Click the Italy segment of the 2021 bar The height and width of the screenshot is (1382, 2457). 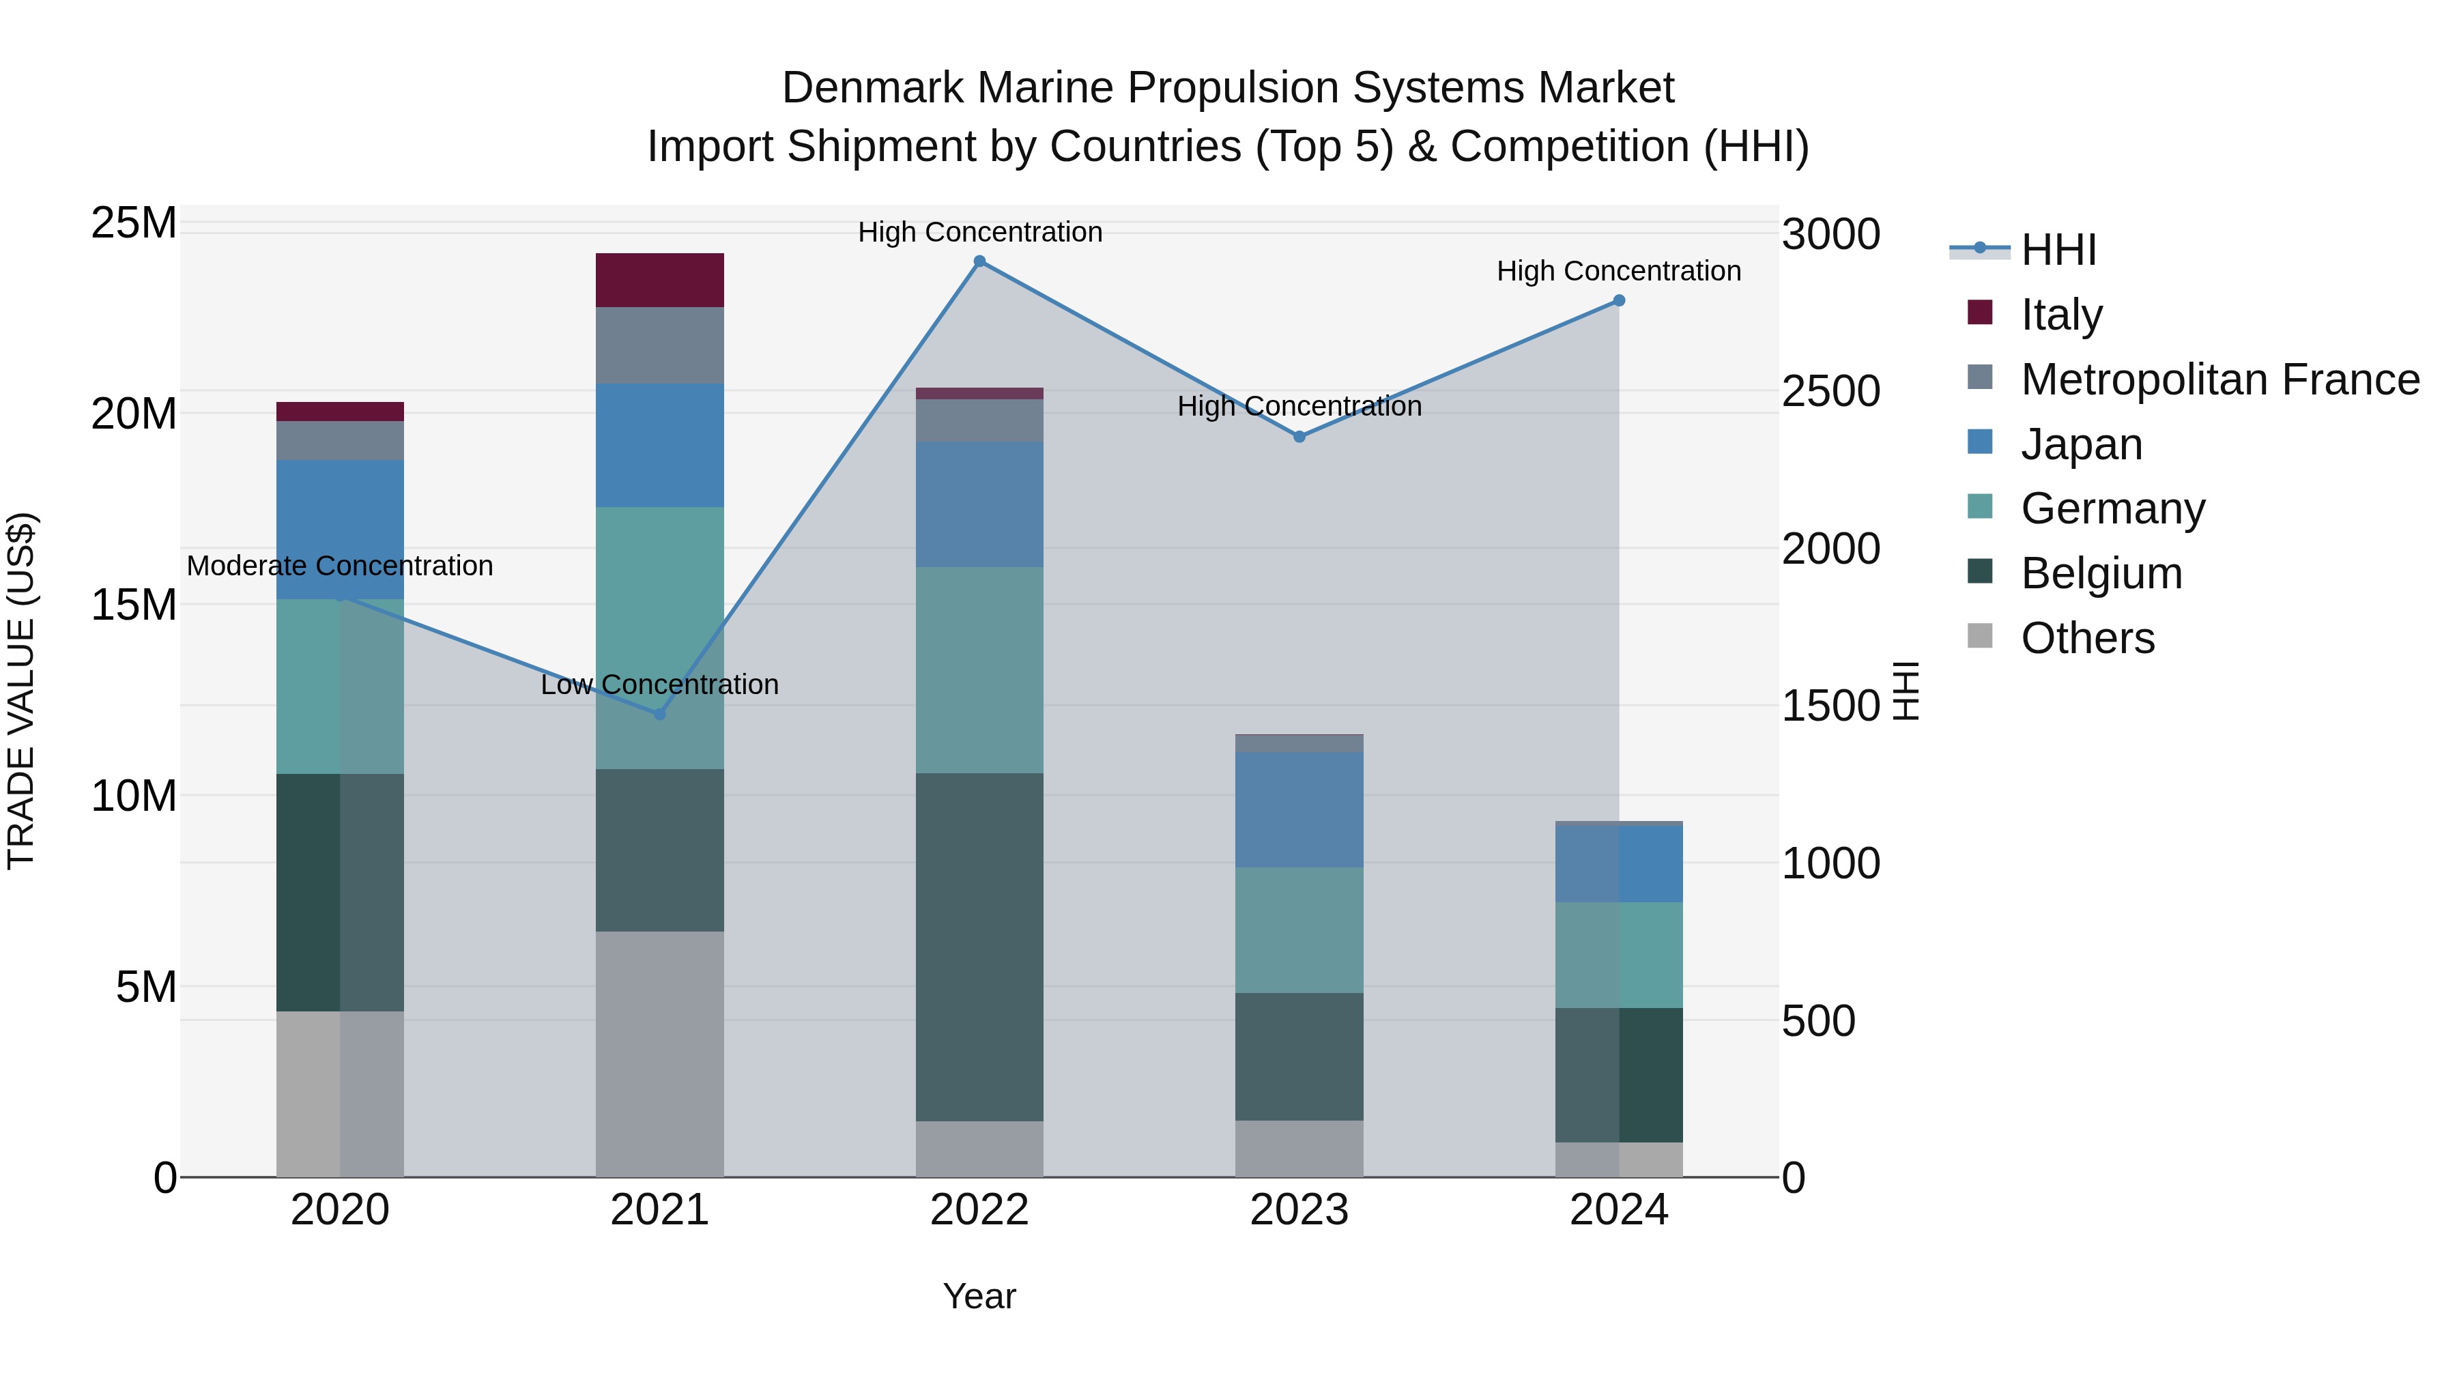click(659, 279)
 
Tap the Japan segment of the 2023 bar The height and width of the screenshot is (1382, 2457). click(1298, 809)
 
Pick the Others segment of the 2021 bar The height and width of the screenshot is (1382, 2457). click(659, 1053)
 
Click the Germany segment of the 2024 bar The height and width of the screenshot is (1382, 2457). click(1619, 955)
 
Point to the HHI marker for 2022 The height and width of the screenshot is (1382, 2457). click(979, 261)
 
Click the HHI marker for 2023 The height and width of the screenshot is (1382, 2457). click(1299, 437)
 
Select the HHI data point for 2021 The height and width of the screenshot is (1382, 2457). click(659, 713)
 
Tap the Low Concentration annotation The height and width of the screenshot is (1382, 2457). click(659, 685)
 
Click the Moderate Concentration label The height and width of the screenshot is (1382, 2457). click(340, 566)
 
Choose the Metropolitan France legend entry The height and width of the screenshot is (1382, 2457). click(2219, 379)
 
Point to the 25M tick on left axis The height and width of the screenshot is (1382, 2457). click(134, 223)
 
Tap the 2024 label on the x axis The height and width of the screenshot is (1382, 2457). click(1619, 1210)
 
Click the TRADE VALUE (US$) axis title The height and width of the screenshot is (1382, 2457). click(21, 691)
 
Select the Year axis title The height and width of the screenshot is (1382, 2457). click(979, 1296)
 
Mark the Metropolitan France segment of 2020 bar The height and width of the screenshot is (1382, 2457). click(340, 441)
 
